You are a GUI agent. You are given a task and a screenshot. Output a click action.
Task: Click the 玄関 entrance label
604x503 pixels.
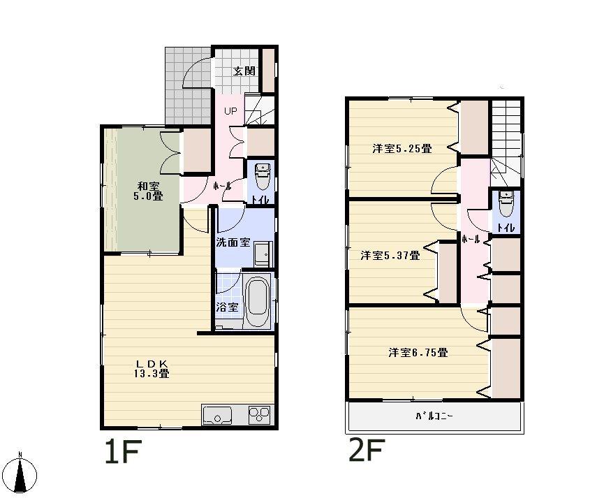(x=244, y=71)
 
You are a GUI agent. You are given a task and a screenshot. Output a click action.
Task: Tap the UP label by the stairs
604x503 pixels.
(x=230, y=111)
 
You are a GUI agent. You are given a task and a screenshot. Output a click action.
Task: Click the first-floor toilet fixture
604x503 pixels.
(x=263, y=177)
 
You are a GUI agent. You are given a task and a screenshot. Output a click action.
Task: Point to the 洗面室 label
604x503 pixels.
(x=233, y=243)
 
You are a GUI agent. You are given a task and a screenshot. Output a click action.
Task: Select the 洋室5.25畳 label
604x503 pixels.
(x=402, y=148)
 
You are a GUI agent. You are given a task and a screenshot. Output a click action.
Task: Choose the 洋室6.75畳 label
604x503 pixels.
(x=418, y=353)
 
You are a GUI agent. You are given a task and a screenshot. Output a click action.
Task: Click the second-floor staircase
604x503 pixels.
(x=506, y=140)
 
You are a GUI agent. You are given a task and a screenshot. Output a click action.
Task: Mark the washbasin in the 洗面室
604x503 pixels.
(x=263, y=253)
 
